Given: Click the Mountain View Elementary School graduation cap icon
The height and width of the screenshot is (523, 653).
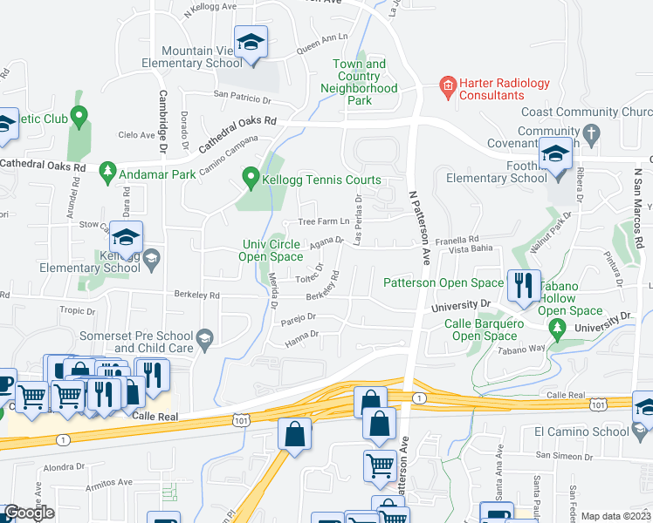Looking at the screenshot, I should [x=251, y=42].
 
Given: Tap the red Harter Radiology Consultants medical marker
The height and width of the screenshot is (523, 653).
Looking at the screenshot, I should [x=447, y=85].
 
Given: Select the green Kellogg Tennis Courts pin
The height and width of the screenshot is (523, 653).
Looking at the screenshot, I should [x=251, y=180].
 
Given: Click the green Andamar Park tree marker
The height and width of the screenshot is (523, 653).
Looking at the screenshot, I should [x=108, y=170].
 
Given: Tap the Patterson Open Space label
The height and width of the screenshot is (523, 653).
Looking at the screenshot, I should [x=443, y=282].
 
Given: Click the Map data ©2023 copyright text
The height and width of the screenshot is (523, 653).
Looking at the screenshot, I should [x=615, y=516].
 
